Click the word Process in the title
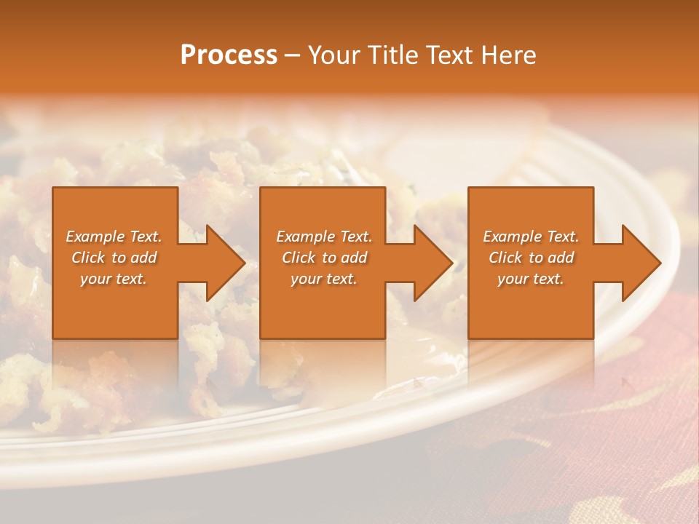click(229, 55)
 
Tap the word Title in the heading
click(390, 55)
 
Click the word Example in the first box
click(95, 237)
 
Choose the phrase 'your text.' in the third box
click(530, 279)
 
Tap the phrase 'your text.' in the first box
click(114, 279)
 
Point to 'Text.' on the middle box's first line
click(355, 237)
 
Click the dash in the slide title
click(293, 55)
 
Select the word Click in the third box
click(506, 258)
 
